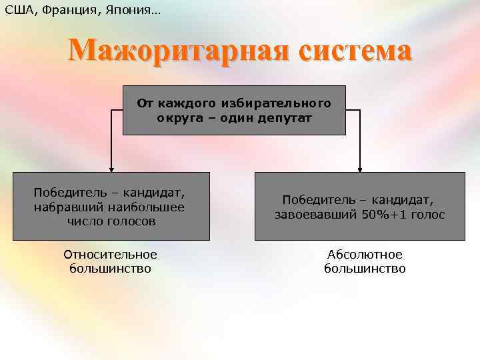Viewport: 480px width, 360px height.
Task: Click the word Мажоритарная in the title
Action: pos(177,51)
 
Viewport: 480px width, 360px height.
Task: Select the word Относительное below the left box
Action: pos(111,255)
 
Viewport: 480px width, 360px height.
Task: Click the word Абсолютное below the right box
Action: pos(365,255)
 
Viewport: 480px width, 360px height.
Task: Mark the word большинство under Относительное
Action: pos(111,269)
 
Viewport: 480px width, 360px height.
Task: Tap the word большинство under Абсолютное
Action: pos(365,269)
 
